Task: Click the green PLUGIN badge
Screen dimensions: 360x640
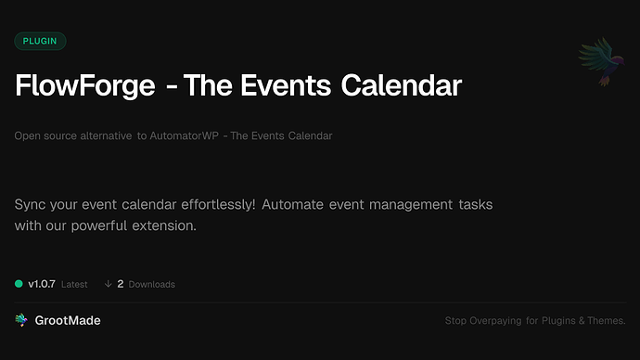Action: (x=40, y=41)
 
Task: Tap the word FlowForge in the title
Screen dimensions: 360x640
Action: (x=84, y=86)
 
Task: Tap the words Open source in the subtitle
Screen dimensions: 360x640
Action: (x=44, y=136)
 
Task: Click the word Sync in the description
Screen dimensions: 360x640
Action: (x=32, y=203)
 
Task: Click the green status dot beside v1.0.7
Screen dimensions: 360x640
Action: (x=19, y=284)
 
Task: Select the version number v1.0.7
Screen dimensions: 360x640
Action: (x=42, y=284)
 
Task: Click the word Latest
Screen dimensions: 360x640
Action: (x=74, y=285)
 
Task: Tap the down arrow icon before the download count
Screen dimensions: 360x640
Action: (x=108, y=284)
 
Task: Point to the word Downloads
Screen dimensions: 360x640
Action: (x=152, y=285)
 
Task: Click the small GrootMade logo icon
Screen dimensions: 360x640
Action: (x=20, y=320)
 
